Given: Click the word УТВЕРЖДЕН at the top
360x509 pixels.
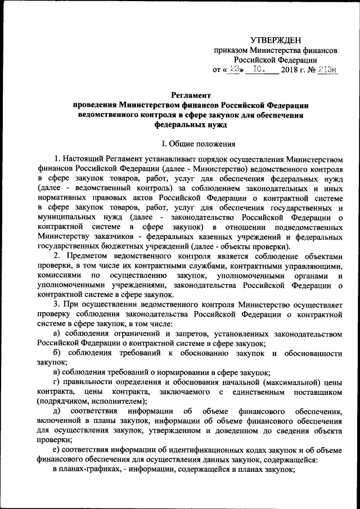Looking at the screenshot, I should (x=276, y=39).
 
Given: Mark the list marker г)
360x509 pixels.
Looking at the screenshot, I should (x=56, y=381).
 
